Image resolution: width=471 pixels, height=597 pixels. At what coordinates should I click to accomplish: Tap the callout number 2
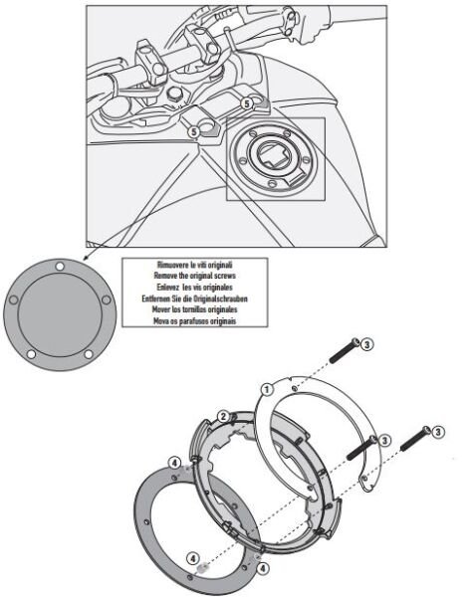pyautogui.click(x=225, y=416)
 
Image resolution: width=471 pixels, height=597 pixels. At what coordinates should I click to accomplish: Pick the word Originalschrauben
pyautogui.click(x=225, y=297)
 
